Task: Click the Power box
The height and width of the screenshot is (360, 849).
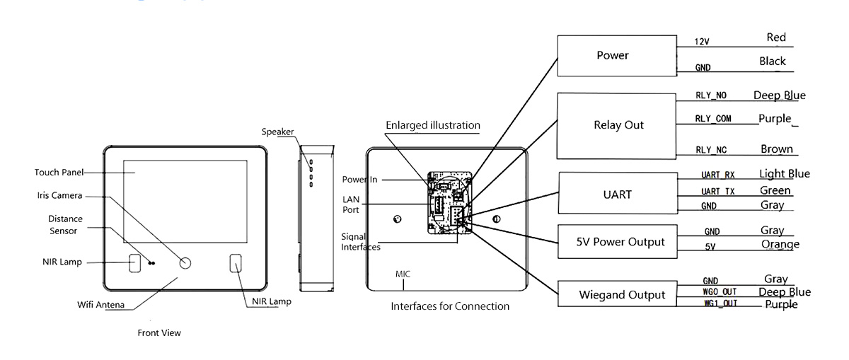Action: pos(617,56)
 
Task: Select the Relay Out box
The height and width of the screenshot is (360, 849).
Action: pos(616,126)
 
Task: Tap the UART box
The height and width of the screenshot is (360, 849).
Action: pos(618,193)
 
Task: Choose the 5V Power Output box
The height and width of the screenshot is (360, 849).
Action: pos(618,241)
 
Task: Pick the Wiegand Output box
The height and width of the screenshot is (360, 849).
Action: pos(617,294)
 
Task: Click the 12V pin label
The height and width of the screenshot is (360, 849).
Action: pos(702,42)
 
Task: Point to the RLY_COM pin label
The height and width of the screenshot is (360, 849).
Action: pos(713,119)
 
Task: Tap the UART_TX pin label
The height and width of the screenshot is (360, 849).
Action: pos(718,192)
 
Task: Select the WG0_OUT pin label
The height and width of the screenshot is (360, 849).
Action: pos(720,292)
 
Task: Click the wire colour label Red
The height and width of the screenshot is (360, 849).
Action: pos(776,37)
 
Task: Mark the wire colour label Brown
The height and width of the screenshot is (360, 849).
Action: pos(777,149)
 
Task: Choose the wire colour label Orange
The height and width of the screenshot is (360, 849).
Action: pos(780,245)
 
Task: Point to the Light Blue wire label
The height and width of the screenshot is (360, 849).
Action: pos(785,173)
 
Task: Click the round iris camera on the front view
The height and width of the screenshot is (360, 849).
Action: pos(185,263)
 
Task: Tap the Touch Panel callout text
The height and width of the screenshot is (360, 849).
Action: pos(59,173)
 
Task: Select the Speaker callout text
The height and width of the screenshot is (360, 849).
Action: pos(277,132)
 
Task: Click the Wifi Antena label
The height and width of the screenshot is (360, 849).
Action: pos(100,305)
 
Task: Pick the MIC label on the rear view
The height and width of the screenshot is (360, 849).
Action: pos(403,274)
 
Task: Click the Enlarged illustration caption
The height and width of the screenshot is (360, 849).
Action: pos(433,125)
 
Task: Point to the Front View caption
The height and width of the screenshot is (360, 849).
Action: pos(159,332)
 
